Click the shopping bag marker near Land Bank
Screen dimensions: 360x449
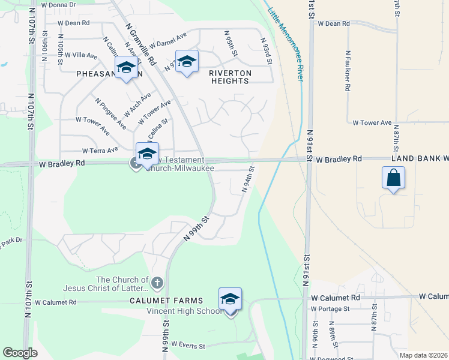[x=393, y=178]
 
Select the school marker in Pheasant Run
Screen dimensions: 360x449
[x=126, y=67]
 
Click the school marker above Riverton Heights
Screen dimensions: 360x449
[x=187, y=62]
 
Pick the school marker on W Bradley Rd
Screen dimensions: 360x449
[x=147, y=154]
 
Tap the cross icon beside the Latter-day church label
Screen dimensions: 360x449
[x=157, y=282]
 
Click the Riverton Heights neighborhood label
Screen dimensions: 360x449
[x=231, y=73]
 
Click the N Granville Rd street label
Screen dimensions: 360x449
[x=140, y=44]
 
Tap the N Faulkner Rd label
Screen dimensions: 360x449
[x=348, y=71]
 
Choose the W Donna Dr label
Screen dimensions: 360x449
[x=59, y=4]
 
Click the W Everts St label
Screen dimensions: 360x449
[x=188, y=346]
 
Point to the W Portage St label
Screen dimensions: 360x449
[x=330, y=309]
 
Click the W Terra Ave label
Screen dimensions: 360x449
[x=100, y=151]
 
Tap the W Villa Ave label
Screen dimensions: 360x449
[x=81, y=55]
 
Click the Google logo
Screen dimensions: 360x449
[x=20, y=353]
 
